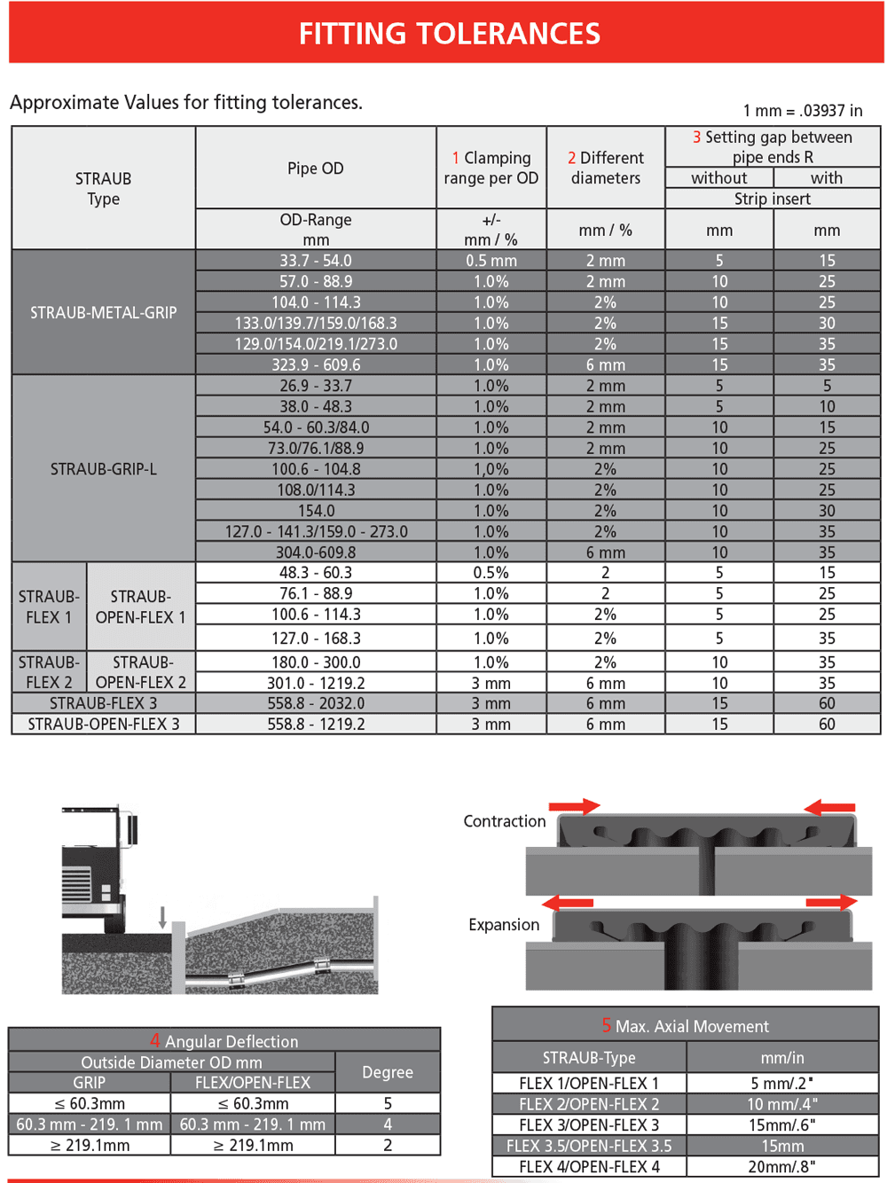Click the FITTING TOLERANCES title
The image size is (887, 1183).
[x=449, y=34]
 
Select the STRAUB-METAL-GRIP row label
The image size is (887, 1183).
[x=103, y=312]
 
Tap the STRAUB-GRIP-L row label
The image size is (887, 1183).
[x=103, y=468]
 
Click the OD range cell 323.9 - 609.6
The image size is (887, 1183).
[x=316, y=364]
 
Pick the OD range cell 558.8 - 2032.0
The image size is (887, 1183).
[x=316, y=703]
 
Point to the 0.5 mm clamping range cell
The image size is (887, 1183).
[x=491, y=261]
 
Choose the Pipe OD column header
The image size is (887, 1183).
[x=315, y=168]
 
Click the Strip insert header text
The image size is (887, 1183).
[x=772, y=199]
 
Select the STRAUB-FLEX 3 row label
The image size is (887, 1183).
[x=103, y=703]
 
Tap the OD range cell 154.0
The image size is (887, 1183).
[x=316, y=511]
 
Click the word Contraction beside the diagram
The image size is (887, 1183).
[x=504, y=821]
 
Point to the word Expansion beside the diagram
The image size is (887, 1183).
[x=503, y=925]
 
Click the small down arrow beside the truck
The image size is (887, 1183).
[x=162, y=918]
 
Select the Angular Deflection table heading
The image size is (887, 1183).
[x=224, y=1041]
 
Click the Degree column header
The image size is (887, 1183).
[x=387, y=1072]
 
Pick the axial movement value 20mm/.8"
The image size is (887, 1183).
[x=781, y=1166]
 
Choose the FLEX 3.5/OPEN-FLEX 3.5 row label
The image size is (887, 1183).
[x=589, y=1146]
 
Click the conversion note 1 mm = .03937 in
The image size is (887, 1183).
[x=802, y=111]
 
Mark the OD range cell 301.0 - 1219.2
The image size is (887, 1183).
[x=316, y=683]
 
